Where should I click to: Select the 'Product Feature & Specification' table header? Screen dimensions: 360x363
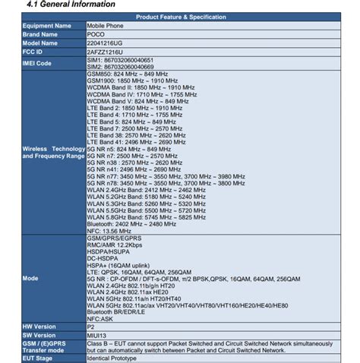pos(179,17)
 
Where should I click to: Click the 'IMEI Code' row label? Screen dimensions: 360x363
pos(37,64)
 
